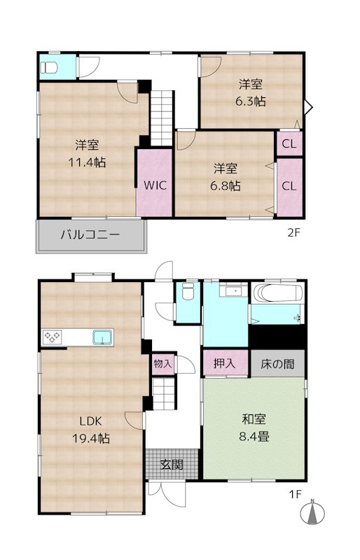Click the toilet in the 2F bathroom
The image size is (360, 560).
(47, 67)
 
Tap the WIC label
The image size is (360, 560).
(155, 185)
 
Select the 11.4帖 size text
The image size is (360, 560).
(87, 162)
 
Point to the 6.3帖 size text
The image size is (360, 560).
(250, 101)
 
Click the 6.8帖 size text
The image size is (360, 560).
(225, 185)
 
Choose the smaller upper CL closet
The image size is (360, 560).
(289, 143)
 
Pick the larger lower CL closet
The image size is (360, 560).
(289, 187)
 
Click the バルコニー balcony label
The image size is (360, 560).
(90, 234)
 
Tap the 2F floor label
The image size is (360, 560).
(294, 233)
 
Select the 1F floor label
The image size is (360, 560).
(296, 494)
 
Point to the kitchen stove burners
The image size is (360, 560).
(53, 337)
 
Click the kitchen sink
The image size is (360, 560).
(102, 337)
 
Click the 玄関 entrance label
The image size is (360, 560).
(172, 464)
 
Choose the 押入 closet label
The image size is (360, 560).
(225, 363)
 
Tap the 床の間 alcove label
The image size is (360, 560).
(277, 364)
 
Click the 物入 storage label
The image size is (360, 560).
(162, 364)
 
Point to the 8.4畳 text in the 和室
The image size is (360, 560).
(254, 436)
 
